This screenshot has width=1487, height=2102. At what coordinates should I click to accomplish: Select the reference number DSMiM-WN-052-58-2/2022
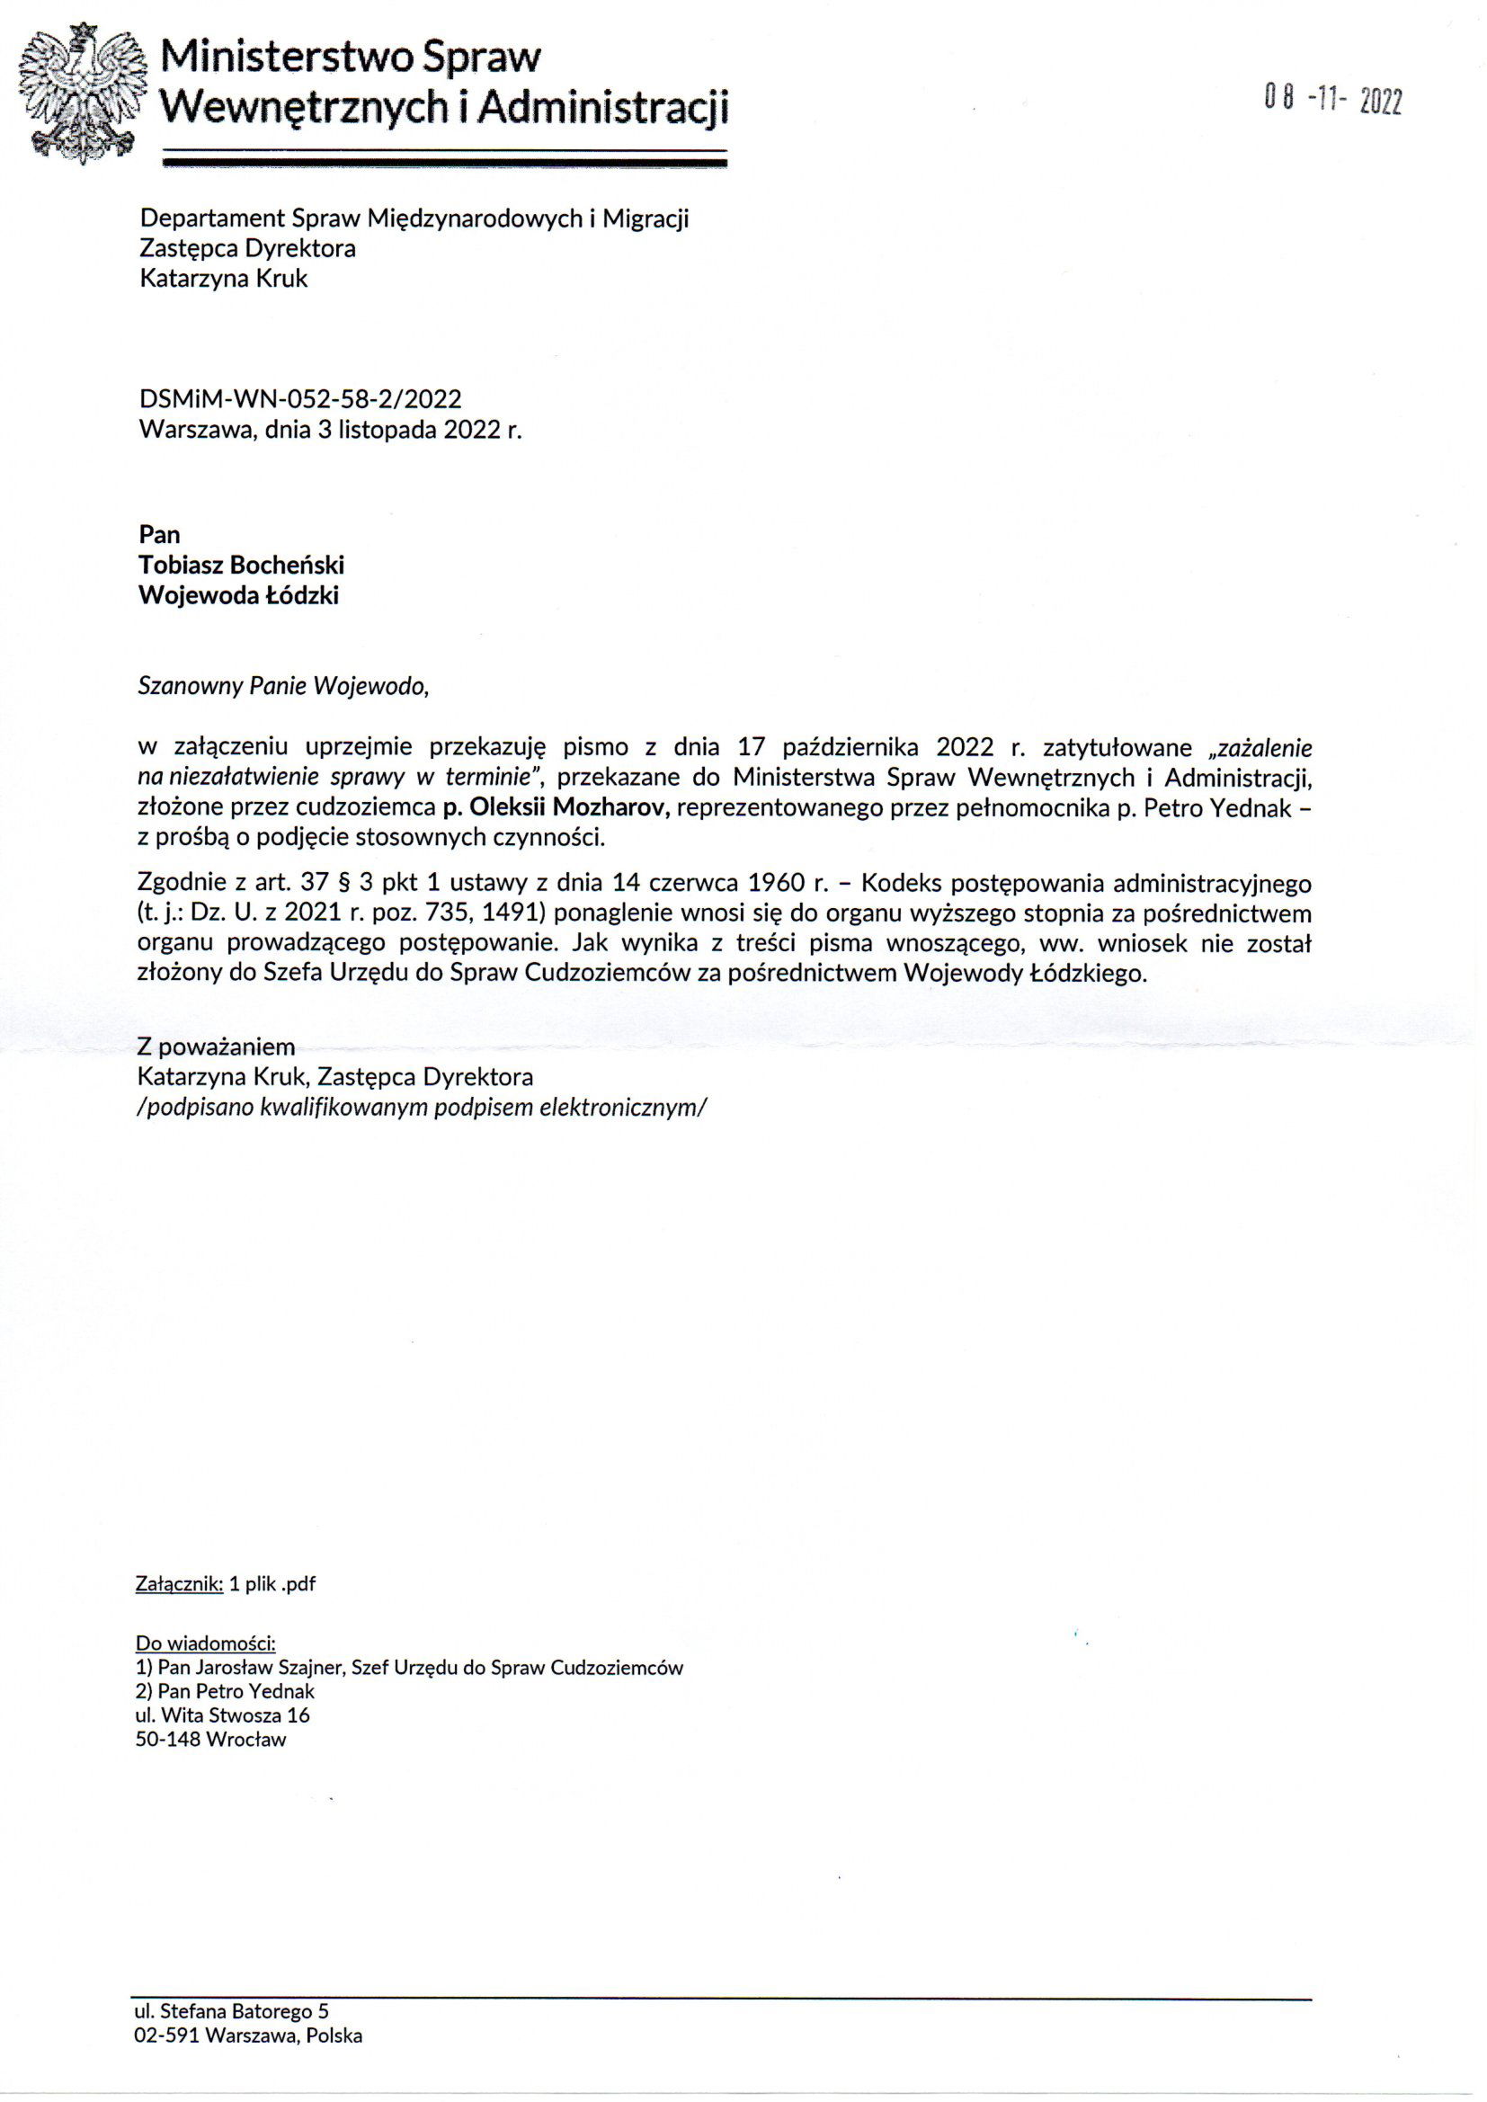click(x=300, y=399)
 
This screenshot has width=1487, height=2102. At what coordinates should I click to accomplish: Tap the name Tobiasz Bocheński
click(x=241, y=565)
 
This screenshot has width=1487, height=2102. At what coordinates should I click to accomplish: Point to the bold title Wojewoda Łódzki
click(x=238, y=595)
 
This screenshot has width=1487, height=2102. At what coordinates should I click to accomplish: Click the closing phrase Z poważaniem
click(x=215, y=1047)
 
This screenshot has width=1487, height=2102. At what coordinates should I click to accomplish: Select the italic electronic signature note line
click(x=423, y=1107)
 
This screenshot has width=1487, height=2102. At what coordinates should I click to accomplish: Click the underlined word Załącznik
click(x=179, y=1584)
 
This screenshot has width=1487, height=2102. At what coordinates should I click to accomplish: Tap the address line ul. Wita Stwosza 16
click(x=222, y=1715)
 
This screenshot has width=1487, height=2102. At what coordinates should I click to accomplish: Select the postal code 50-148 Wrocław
click(x=210, y=1740)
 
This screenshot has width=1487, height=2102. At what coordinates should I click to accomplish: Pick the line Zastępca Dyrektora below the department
click(x=247, y=248)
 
